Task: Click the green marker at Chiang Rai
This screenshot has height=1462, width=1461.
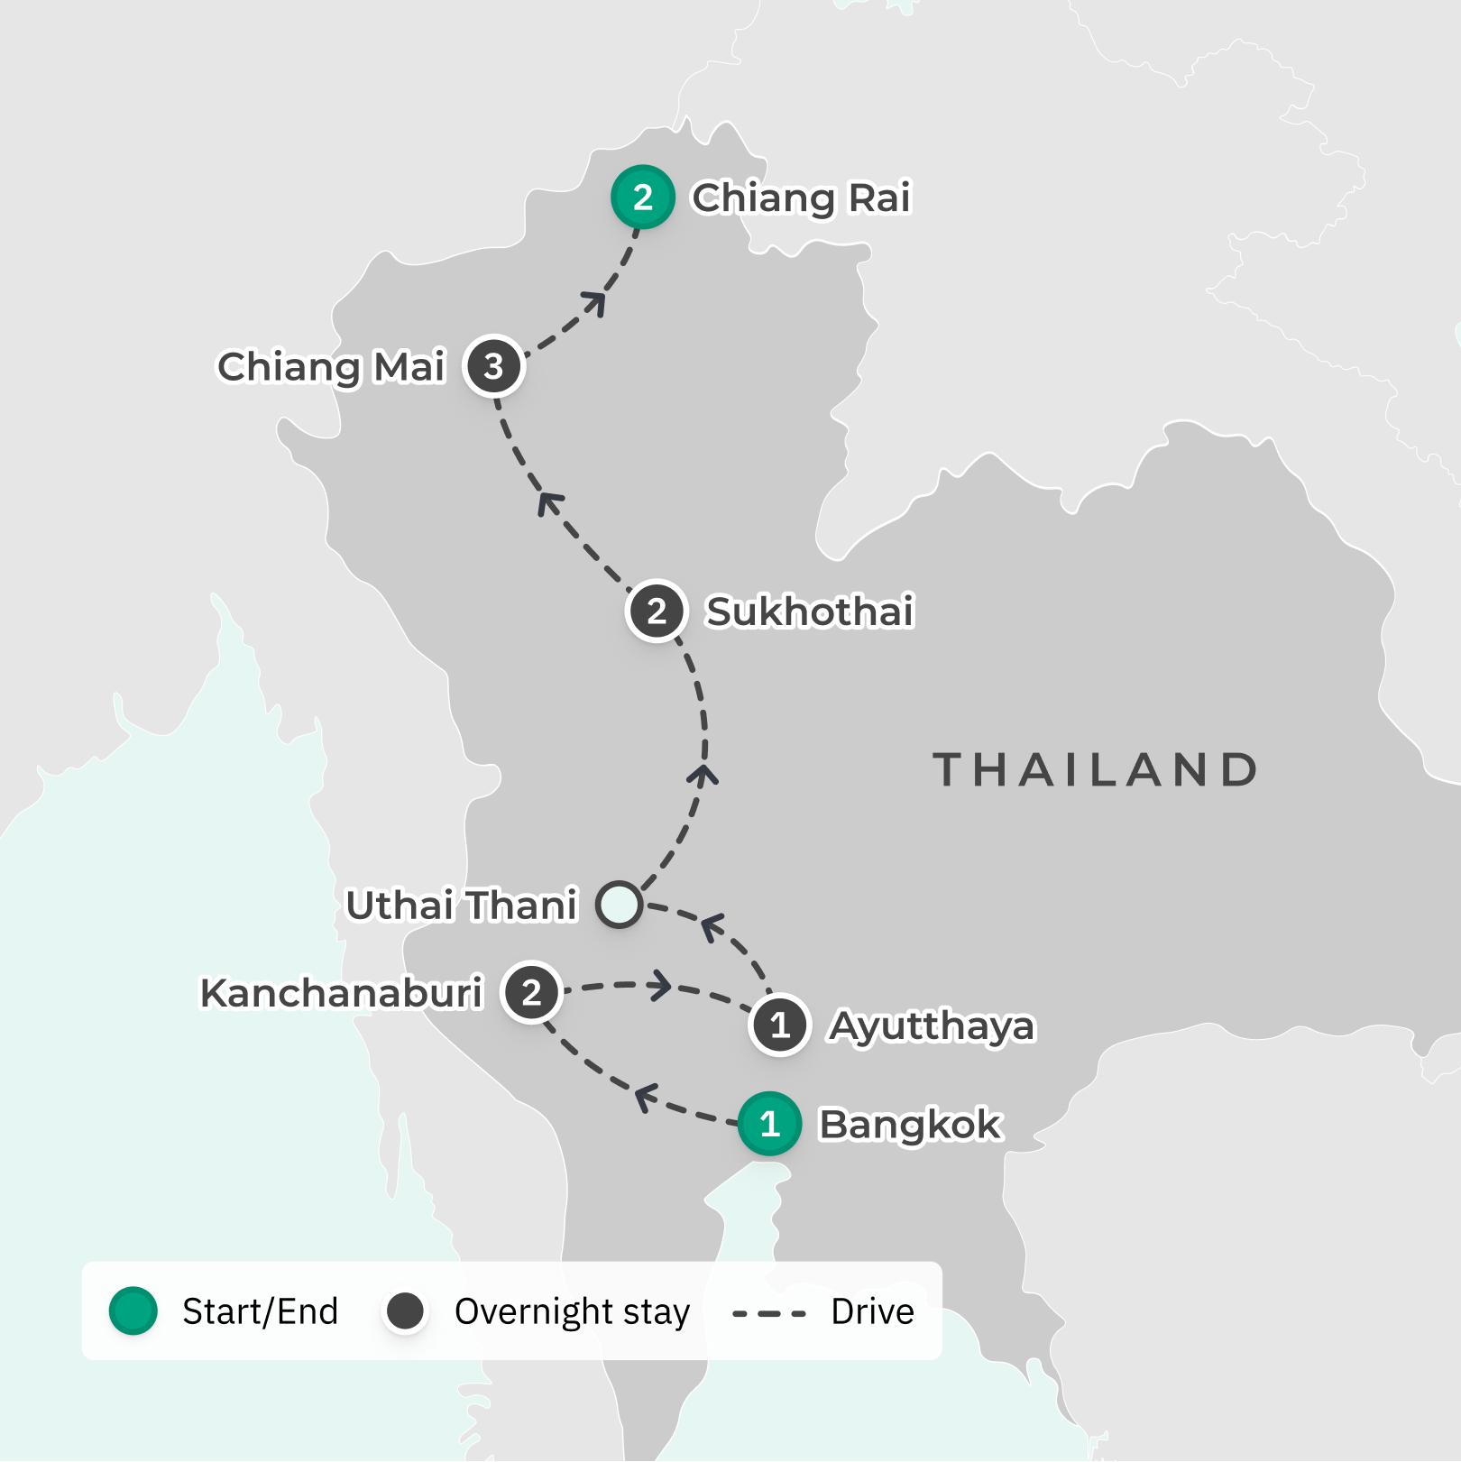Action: (x=642, y=198)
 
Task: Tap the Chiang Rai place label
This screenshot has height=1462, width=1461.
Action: (x=801, y=198)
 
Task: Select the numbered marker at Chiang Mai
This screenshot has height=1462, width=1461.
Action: (x=493, y=366)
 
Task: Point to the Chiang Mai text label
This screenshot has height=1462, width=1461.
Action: (x=331, y=367)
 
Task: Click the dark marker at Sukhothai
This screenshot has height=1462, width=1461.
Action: (x=657, y=611)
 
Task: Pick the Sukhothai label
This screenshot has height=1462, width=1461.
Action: (x=809, y=611)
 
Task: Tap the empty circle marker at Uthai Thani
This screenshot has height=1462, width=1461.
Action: (x=620, y=904)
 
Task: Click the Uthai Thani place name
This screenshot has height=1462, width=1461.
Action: (x=461, y=906)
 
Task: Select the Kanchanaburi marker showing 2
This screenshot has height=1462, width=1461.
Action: (x=531, y=992)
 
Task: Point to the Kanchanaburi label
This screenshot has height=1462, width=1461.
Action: (x=342, y=993)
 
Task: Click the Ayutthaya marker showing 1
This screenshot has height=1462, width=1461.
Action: (x=780, y=1025)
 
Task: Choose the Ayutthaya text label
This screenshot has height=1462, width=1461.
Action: (x=931, y=1026)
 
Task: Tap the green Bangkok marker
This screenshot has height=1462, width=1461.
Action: (x=769, y=1124)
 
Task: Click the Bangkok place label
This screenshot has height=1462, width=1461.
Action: (x=909, y=1125)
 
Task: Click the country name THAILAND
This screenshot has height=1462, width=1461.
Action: (x=1095, y=770)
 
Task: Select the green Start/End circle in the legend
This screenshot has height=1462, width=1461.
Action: (x=133, y=1310)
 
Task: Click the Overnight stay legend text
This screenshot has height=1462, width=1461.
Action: (x=572, y=1311)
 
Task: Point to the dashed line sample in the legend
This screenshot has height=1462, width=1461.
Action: (x=768, y=1313)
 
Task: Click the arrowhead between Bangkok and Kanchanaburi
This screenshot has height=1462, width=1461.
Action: (x=644, y=1099)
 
